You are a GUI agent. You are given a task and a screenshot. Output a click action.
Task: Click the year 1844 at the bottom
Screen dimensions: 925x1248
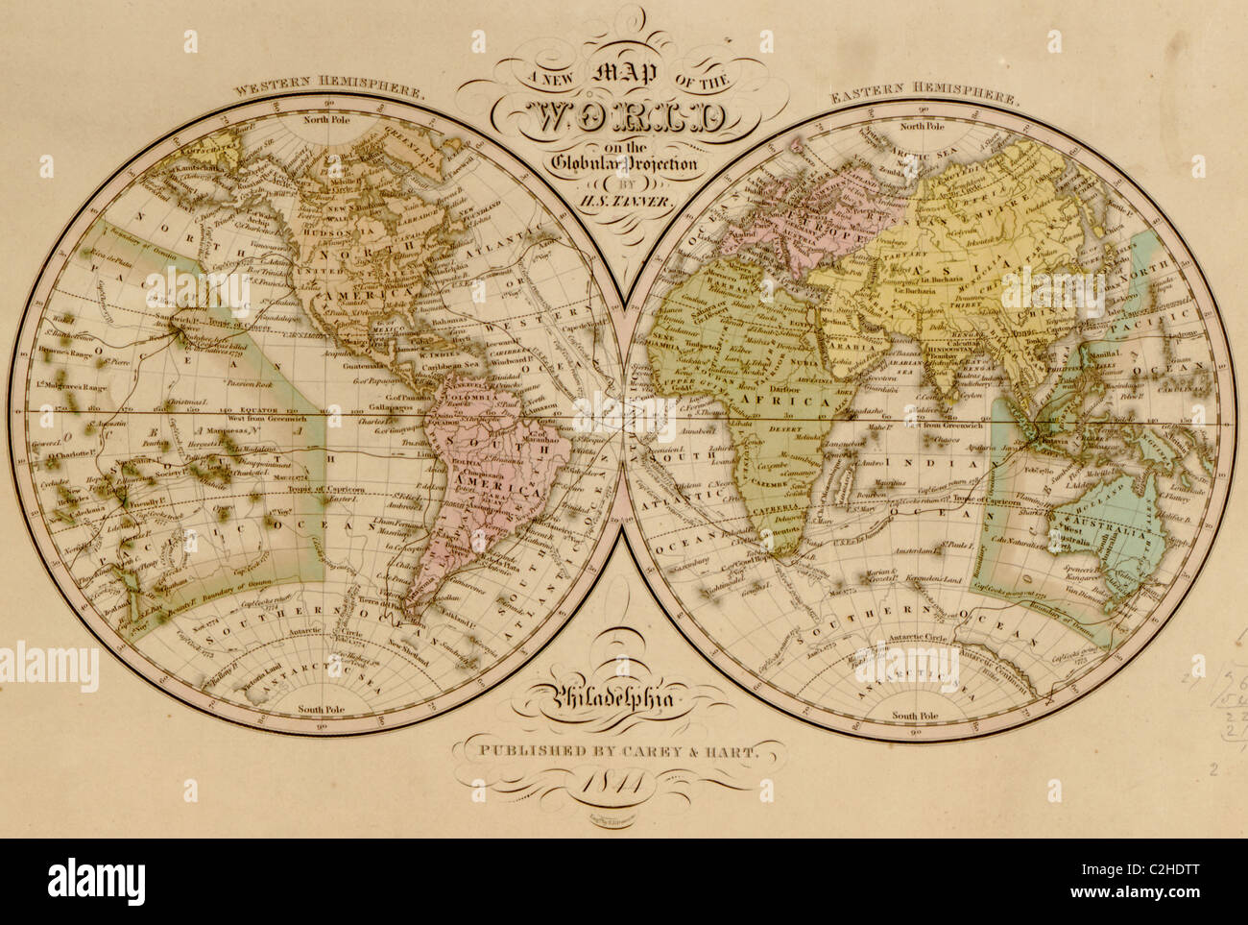coord(624,783)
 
